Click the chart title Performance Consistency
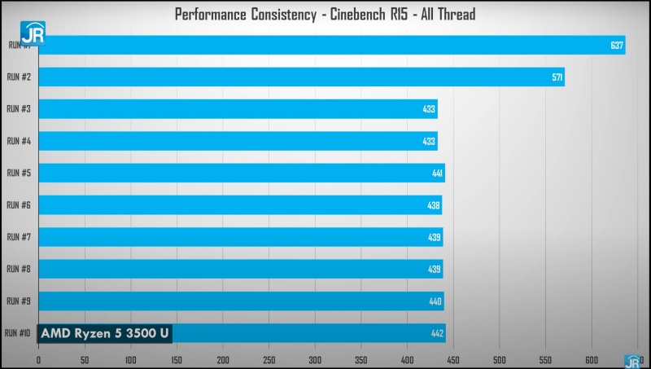325,14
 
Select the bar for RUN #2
301,77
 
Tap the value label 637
617,46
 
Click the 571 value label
557,77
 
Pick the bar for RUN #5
241,174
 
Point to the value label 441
437,174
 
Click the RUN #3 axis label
19,109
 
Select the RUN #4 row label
19,141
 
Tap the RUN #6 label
19,205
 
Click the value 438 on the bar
435,205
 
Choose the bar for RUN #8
240,270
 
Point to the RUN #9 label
19,301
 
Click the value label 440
436,301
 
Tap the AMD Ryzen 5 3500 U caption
104,333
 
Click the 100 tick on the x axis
130,358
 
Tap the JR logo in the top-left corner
33,37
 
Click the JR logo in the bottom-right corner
631,362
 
